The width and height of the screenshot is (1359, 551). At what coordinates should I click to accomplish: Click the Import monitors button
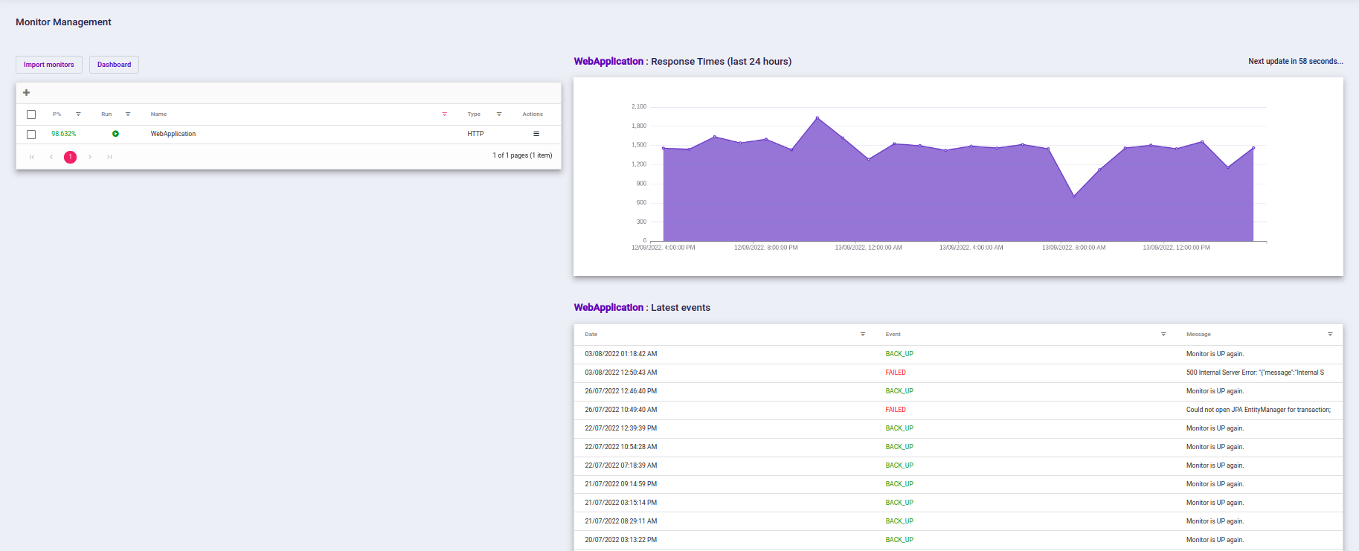pos(49,65)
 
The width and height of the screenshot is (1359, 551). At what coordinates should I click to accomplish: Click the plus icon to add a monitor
pos(27,93)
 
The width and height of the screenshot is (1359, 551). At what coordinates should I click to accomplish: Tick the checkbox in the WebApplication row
pos(31,135)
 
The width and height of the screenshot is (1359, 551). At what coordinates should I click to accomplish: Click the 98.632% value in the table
pos(64,134)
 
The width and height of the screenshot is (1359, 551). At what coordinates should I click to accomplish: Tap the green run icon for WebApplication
pos(115,134)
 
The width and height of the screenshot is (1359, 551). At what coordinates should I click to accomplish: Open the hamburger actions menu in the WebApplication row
pos(536,134)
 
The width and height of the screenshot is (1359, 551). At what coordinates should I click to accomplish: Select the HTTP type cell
pos(475,134)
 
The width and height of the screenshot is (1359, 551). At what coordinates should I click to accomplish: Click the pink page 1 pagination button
pos(70,157)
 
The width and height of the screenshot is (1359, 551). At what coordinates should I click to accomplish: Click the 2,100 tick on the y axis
pos(639,107)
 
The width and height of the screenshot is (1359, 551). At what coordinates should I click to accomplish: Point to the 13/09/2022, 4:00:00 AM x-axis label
pos(971,248)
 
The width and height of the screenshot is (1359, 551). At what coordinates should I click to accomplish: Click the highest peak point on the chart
pos(817,117)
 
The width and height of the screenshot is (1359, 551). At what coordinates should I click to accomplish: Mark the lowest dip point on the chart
pos(1074,196)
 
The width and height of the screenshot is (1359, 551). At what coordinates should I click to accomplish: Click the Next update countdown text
pos(1295,62)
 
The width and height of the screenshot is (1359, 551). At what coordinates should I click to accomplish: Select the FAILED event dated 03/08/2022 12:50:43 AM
pos(896,373)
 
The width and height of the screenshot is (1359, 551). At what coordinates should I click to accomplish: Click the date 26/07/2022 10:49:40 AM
pos(620,410)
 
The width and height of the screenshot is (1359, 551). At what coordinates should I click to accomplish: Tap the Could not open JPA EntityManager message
pos(1258,410)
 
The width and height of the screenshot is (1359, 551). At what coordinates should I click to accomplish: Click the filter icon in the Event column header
pos(1163,335)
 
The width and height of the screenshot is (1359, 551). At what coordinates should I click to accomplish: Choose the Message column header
pos(1198,335)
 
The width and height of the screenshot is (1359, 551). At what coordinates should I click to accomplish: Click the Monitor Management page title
pos(63,22)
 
